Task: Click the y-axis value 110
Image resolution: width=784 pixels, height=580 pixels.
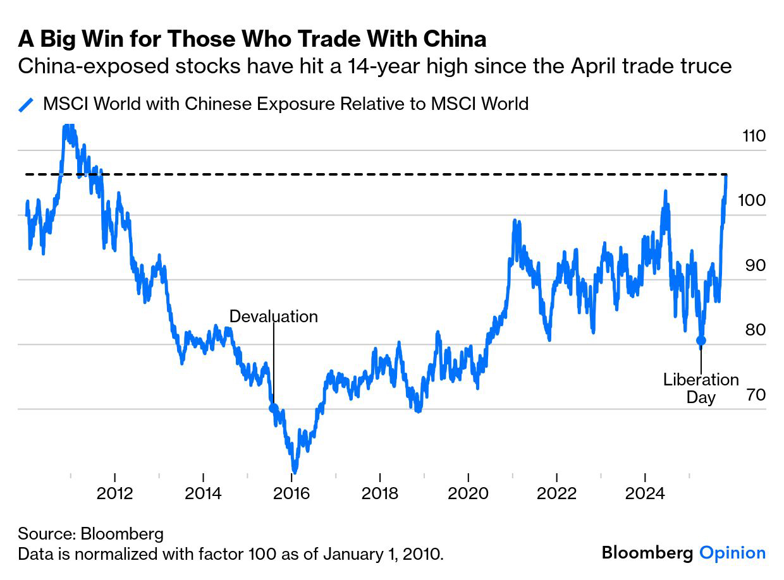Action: pyautogui.click(x=752, y=136)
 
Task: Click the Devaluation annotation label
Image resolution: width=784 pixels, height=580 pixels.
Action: pyautogui.click(x=273, y=316)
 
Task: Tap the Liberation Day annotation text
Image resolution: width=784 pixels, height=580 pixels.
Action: pyautogui.click(x=701, y=388)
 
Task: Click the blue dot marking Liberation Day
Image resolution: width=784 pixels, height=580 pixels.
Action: pyautogui.click(x=701, y=341)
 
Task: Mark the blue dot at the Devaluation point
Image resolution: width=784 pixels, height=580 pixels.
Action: pyautogui.click(x=273, y=408)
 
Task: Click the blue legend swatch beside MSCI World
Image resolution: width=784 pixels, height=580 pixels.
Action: pyautogui.click(x=26, y=104)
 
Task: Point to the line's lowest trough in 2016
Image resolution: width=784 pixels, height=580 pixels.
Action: pyautogui.click(x=294, y=471)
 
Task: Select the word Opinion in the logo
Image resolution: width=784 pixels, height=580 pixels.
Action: pyautogui.click(x=732, y=553)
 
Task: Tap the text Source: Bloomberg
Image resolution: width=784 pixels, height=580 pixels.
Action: pyautogui.click(x=90, y=533)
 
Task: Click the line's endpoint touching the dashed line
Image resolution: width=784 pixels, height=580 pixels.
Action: pyautogui.click(x=726, y=176)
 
